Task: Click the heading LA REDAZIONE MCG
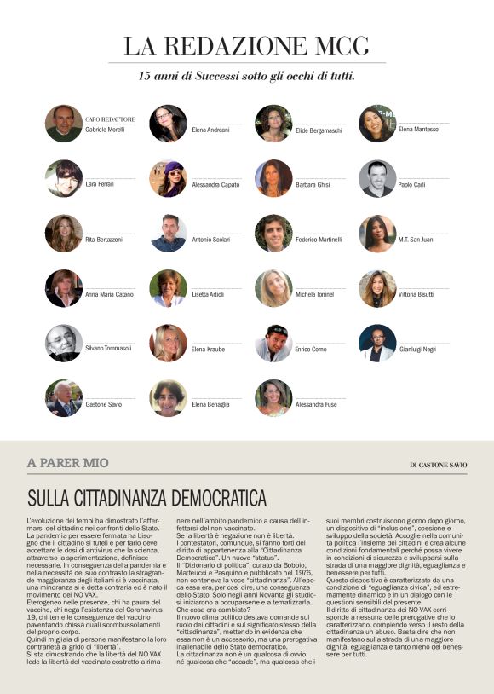pos(246,45)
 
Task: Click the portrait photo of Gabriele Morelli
pos(64,124)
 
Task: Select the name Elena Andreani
pos(210,130)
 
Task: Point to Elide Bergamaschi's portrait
pos(273,124)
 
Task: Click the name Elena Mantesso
pos(418,130)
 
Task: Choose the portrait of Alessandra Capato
pos(168,178)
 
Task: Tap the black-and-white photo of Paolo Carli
pos(377,178)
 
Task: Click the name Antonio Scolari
pos(210,240)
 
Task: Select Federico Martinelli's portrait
pos(273,233)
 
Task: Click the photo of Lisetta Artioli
pos(168,288)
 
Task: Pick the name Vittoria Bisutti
pos(418,294)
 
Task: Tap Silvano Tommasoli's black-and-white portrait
pos(64,343)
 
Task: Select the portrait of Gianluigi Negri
pos(377,343)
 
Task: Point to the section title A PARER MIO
pos(68,463)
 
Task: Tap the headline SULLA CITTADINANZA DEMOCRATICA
pos(146,498)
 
